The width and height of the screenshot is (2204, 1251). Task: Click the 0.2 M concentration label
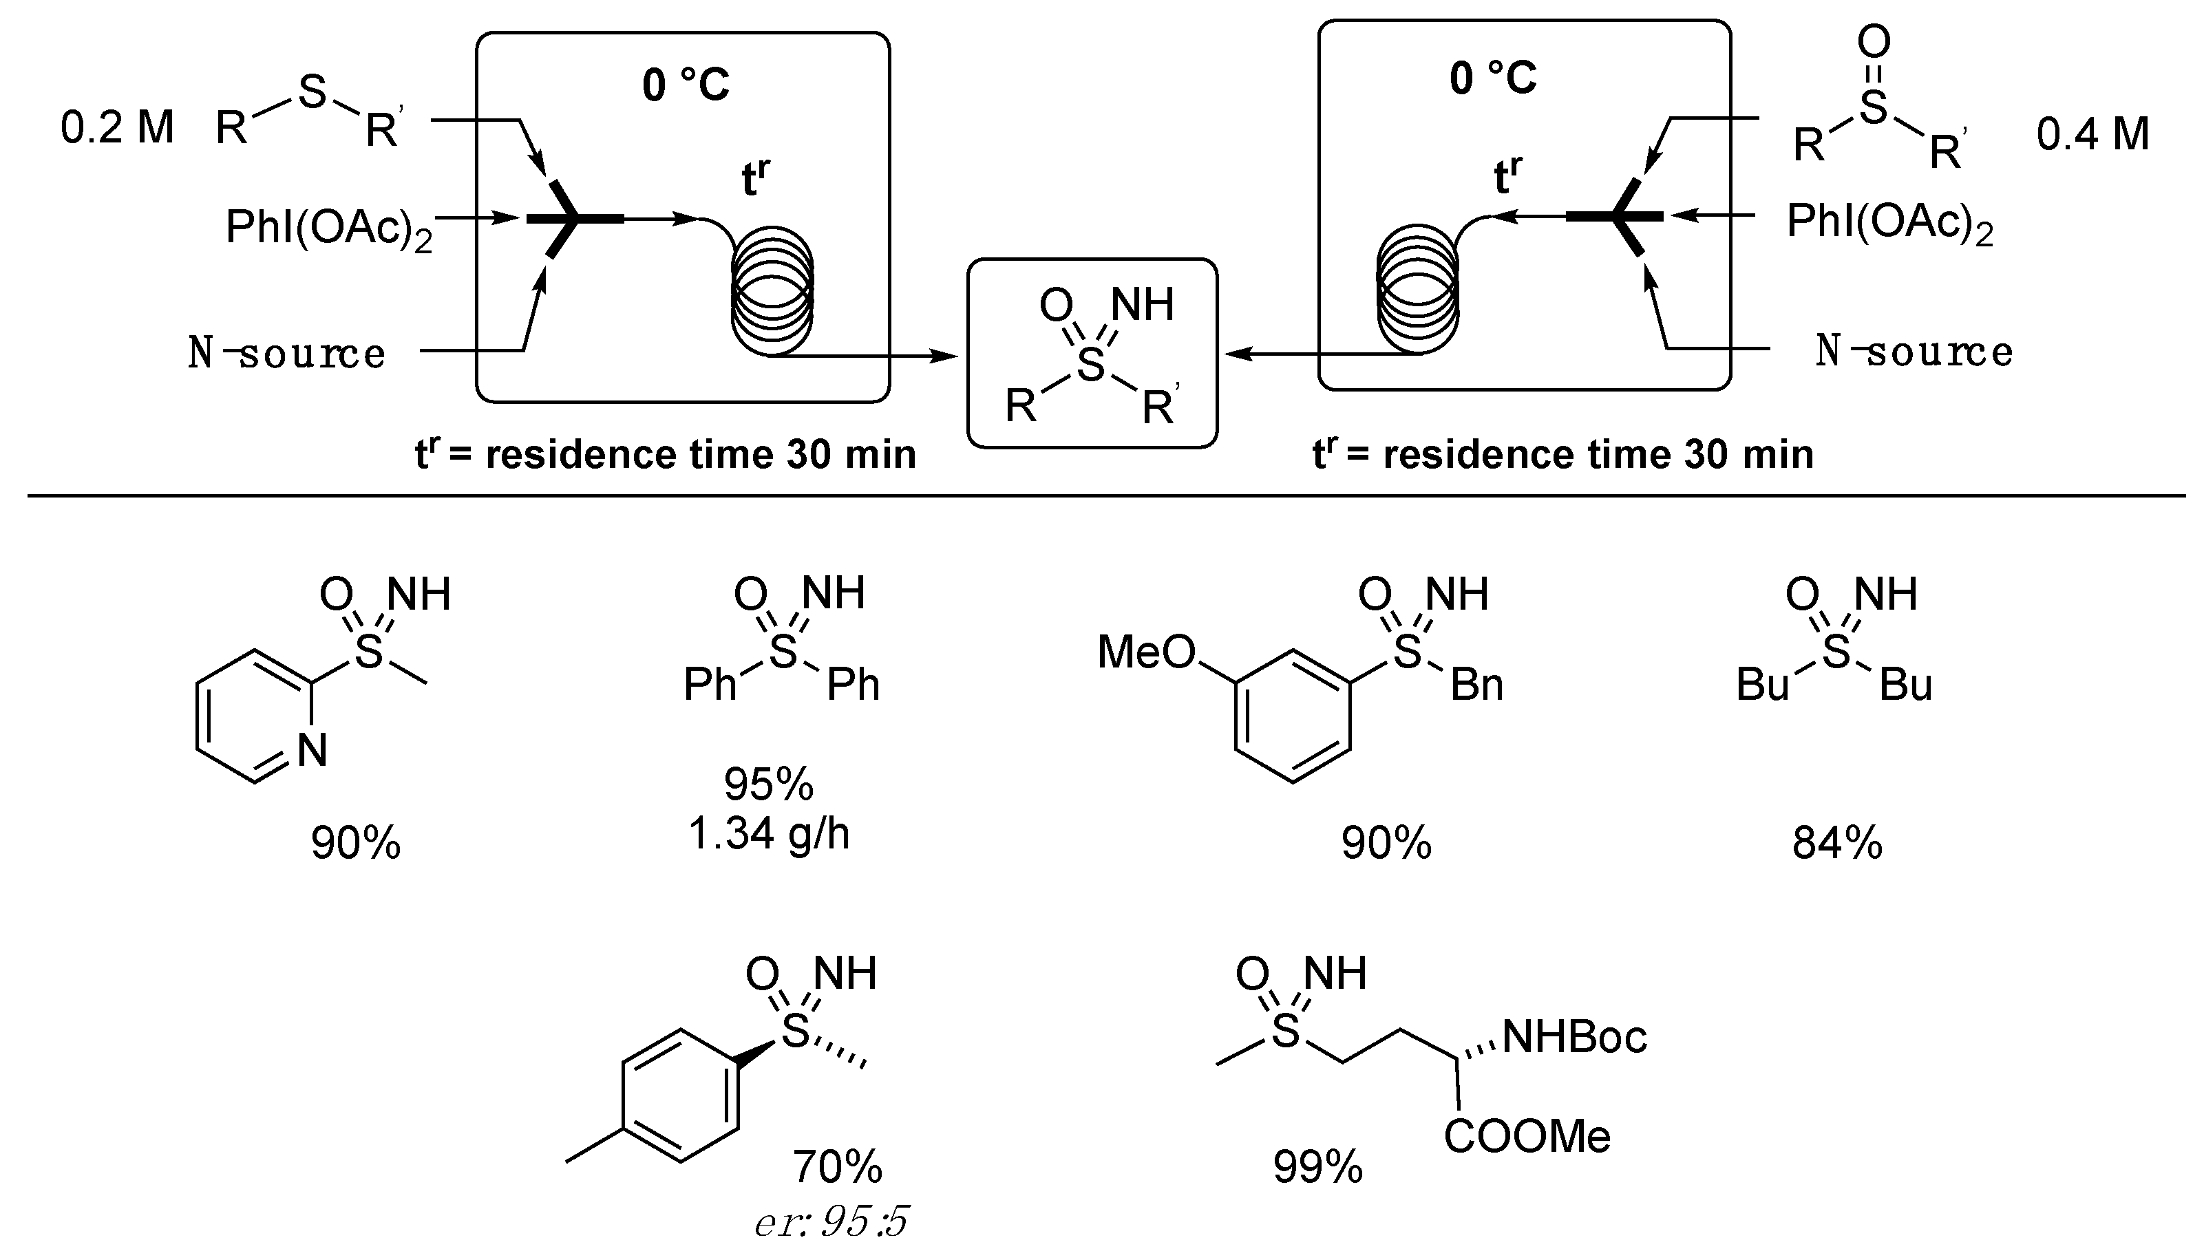[x=117, y=128]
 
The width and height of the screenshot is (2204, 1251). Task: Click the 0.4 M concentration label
[x=2092, y=135]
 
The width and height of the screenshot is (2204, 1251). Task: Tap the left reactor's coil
[x=772, y=290]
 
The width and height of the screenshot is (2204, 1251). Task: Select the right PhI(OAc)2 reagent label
[x=1889, y=222]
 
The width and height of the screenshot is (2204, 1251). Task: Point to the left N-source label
[x=287, y=352]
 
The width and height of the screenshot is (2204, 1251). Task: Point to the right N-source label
[x=1914, y=350]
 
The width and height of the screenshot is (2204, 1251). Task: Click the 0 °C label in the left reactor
[x=686, y=85]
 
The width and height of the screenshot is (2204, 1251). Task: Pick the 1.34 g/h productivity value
[x=769, y=833]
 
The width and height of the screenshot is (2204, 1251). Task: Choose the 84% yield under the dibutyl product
[x=1837, y=843]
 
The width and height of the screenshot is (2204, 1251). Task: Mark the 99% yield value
[x=1317, y=1167]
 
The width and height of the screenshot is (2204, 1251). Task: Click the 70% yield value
[x=837, y=1166]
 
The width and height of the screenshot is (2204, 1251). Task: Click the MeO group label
[x=1146, y=652]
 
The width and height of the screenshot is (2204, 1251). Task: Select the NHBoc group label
[x=1574, y=1037]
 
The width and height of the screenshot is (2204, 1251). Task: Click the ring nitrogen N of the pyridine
[x=312, y=750]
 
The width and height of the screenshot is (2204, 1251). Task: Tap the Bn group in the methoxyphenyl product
[x=1477, y=685]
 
